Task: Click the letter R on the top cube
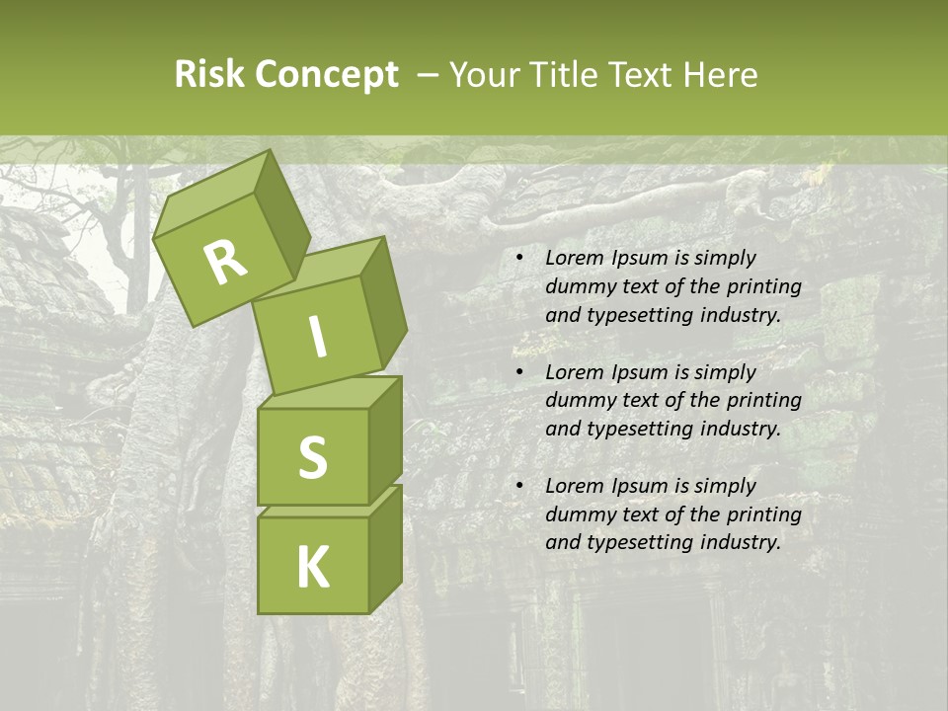[225, 263]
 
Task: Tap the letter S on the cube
[312, 457]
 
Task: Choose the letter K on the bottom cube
[313, 567]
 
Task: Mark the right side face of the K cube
[385, 548]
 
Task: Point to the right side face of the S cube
[385, 439]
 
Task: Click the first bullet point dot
[518, 259]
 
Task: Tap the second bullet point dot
[518, 372]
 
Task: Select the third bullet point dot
[518, 486]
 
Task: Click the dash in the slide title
[429, 75]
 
